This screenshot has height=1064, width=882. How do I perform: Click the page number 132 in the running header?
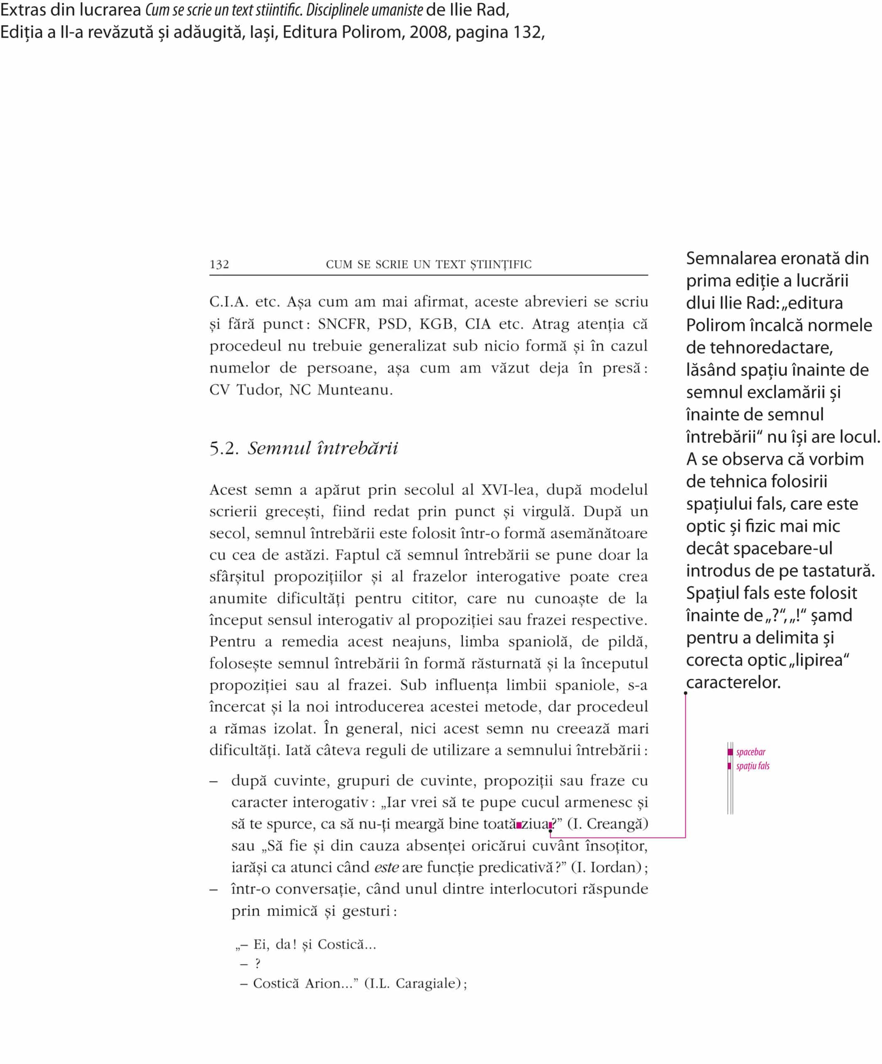tap(219, 264)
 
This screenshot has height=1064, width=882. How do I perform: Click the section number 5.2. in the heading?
tap(224, 448)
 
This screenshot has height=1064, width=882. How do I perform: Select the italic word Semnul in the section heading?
tap(279, 448)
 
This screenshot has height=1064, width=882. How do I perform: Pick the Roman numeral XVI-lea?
tap(508, 490)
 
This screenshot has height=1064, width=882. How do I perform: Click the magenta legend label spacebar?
tap(750, 752)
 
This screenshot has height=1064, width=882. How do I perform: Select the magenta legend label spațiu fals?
tap(752, 766)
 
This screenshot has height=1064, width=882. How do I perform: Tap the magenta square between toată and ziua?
tap(519, 825)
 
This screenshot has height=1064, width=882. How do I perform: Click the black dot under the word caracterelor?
tap(686, 693)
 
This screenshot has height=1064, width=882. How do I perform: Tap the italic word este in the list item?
tap(386, 867)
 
